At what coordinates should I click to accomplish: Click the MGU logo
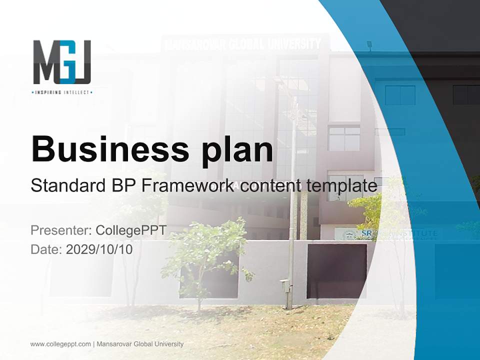(62, 62)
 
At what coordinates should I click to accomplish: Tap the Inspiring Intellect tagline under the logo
(62, 92)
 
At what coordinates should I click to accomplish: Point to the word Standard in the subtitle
(65, 186)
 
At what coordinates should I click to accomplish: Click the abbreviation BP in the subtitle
(120, 186)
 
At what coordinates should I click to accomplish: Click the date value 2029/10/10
(99, 249)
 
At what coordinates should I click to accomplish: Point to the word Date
(45, 249)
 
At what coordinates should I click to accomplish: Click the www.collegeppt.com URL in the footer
(60, 344)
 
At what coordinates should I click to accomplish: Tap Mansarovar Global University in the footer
(140, 344)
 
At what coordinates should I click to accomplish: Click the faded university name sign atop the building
(243, 44)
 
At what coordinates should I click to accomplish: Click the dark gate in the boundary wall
(336, 270)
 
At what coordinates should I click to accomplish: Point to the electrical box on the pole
(285, 286)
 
